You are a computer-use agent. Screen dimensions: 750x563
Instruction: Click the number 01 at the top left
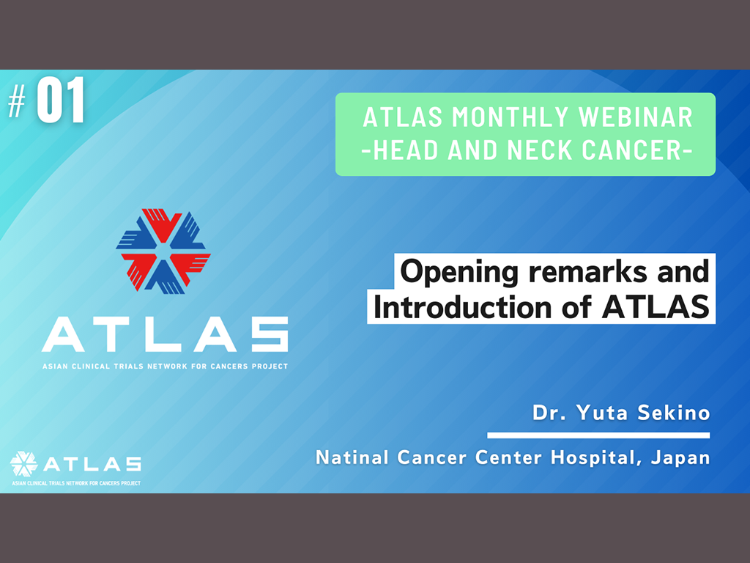[x=61, y=100]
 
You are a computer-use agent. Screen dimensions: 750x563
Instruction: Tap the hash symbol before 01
[x=17, y=101]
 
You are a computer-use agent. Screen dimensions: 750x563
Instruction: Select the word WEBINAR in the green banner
[x=636, y=117]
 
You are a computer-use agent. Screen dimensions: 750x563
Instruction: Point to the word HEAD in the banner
[x=406, y=150]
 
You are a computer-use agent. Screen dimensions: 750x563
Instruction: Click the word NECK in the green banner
[x=540, y=150]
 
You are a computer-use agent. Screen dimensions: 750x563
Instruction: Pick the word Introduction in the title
[x=463, y=307]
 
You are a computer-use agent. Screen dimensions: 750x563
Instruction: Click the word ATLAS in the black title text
[x=656, y=307]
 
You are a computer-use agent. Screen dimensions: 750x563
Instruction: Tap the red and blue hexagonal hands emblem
[x=163, y=251]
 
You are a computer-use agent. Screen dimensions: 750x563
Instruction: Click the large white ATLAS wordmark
[x=165, y=334]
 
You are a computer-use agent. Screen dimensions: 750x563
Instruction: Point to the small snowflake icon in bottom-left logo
[x=23, y=464]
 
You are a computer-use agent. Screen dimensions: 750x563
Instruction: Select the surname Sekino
[x=674, y=412]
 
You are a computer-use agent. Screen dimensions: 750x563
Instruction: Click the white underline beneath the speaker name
[x=598, y=435]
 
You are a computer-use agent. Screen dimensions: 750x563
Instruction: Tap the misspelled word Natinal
[x=352, y=457]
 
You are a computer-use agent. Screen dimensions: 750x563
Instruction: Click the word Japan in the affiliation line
[x=680, y=458]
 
